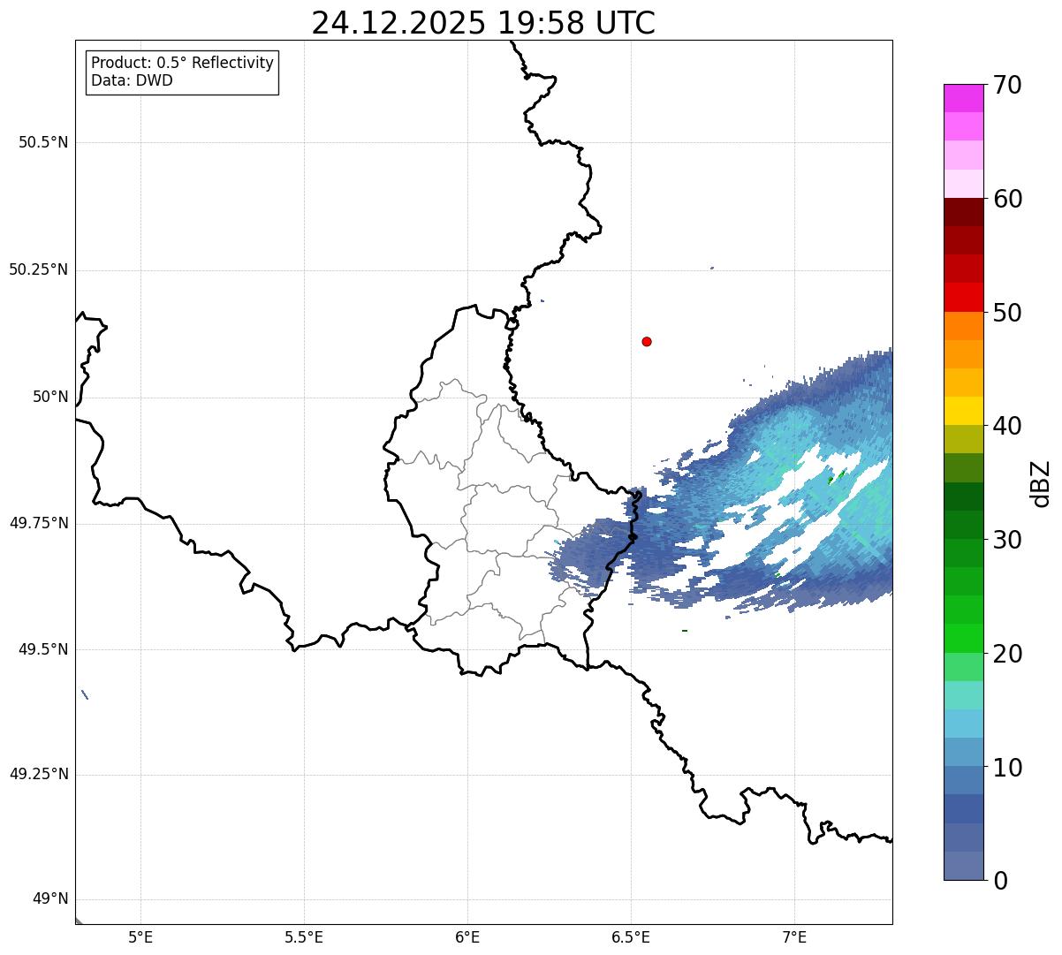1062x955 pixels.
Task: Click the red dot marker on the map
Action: coord(647,341)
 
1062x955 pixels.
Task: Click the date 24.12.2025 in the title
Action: coord(398,24)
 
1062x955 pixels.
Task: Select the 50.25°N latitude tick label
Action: coord(38,269)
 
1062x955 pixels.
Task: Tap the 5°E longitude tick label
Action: coord(140,936)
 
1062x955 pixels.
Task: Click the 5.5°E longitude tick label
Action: coord(304,936)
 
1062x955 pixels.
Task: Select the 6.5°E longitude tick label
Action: coord(631,936)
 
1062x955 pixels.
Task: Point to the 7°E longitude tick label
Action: coord(794,936)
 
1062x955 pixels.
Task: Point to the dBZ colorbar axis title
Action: coord(1042,483)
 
